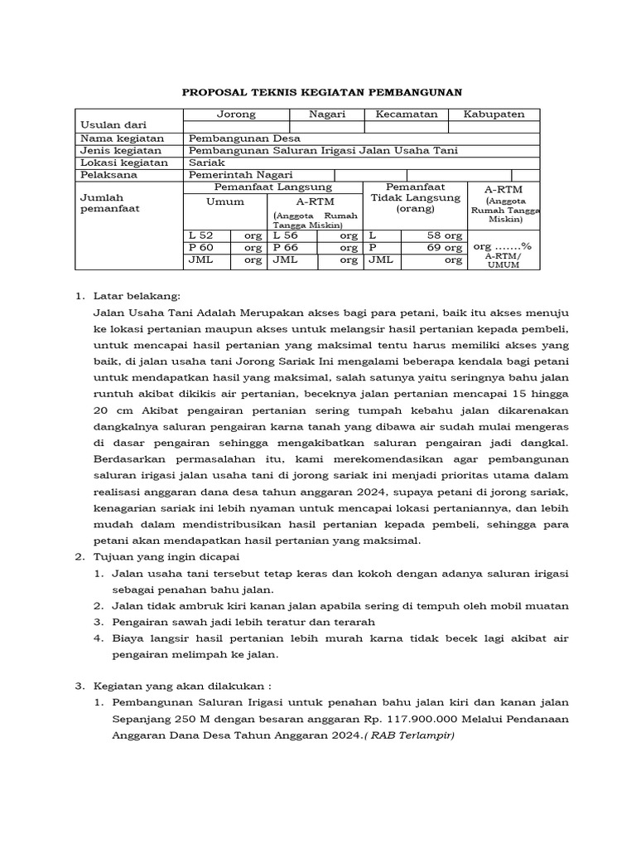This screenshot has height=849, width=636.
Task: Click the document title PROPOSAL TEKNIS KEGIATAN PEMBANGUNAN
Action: coord(321,92)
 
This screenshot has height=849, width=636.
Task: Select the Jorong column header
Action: coord(236,114)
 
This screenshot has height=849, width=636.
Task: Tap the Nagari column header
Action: coord(327,114)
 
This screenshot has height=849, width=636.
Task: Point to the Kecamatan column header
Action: coord(406,114)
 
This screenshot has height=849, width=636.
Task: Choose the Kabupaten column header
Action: coord(494,114)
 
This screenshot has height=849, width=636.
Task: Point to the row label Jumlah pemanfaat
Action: coord(102,204)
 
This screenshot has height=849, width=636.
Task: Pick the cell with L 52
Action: coord(201,235)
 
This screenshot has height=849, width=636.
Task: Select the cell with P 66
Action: coord(285,247)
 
